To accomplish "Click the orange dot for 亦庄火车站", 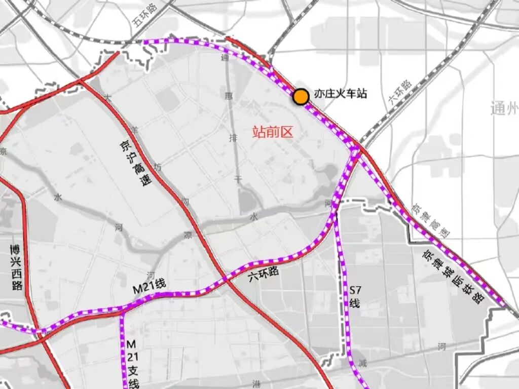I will click(301, 96).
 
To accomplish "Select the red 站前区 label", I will click(273, 133).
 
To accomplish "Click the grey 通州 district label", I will click(505, 108).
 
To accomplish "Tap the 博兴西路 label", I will click(16, 268).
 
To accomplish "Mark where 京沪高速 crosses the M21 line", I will click(225, 279).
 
